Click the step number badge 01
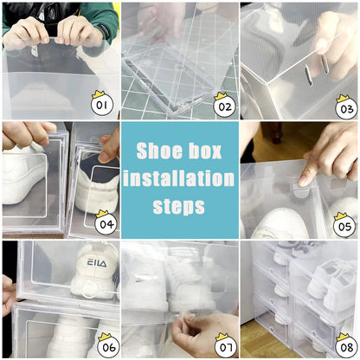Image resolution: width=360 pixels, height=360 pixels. tap(102, 105)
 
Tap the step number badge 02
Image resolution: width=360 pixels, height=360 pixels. tap(223, 106)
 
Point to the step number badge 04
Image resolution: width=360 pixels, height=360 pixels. tap(105, 225)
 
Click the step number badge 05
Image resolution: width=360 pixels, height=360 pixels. tap(345, 225)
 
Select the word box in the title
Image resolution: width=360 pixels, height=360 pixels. tap(204, 150)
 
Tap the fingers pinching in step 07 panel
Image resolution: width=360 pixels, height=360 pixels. tap(195, 333)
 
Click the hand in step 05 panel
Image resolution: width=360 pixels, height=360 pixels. tap(329, 156)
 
